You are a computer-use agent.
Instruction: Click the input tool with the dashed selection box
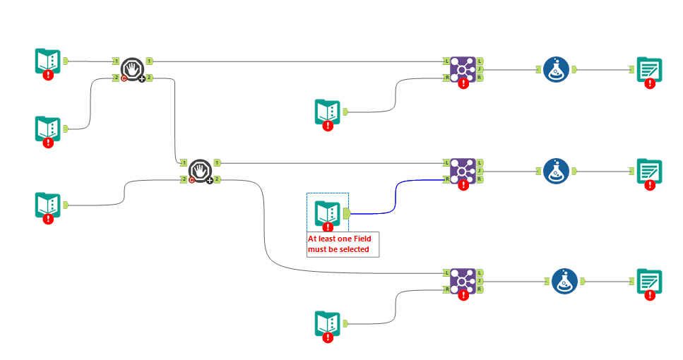click(327, 212)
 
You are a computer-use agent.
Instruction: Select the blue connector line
click(396, 194)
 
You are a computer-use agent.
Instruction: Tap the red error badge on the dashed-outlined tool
click(328, 227)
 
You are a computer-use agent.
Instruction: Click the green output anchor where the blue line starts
click(346, 212)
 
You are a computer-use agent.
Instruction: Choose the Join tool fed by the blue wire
click(463, 171)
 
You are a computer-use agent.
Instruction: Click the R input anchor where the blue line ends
click(446, 179)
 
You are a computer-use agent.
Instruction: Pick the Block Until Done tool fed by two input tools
click(132, 69)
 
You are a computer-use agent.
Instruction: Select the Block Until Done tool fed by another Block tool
click(201, 171)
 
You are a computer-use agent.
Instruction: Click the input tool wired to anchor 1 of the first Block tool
click(48, 61)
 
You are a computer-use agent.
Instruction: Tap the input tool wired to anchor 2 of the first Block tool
click(48, 128)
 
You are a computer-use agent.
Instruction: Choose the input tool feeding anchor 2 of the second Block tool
click(48, 205)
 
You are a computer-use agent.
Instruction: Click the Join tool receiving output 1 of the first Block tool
click(463, 70)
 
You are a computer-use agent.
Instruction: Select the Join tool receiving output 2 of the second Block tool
click(463, 280)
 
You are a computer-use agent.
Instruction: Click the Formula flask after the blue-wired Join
click(556, 171)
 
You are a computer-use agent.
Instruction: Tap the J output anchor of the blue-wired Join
click(480, 171)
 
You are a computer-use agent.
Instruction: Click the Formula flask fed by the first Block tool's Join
click(556, 70)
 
